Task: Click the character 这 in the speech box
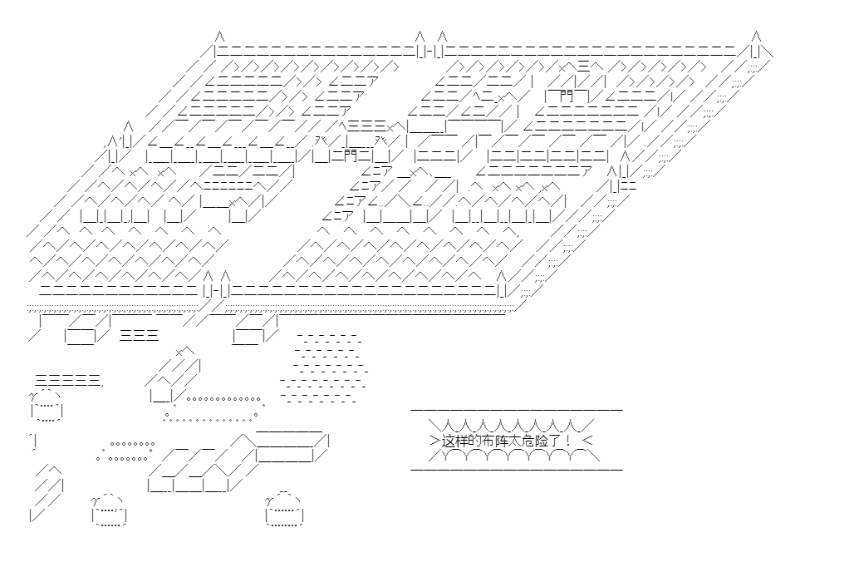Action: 449,441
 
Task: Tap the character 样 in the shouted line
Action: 462,441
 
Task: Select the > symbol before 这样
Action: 434,441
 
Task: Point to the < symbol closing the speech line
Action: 587,441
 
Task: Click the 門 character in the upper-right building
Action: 567,96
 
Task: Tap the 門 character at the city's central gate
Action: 351,156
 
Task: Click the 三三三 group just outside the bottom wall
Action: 139,335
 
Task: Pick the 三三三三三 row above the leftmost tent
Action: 68,381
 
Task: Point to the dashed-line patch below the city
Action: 325,368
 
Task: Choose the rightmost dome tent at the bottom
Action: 284,510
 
